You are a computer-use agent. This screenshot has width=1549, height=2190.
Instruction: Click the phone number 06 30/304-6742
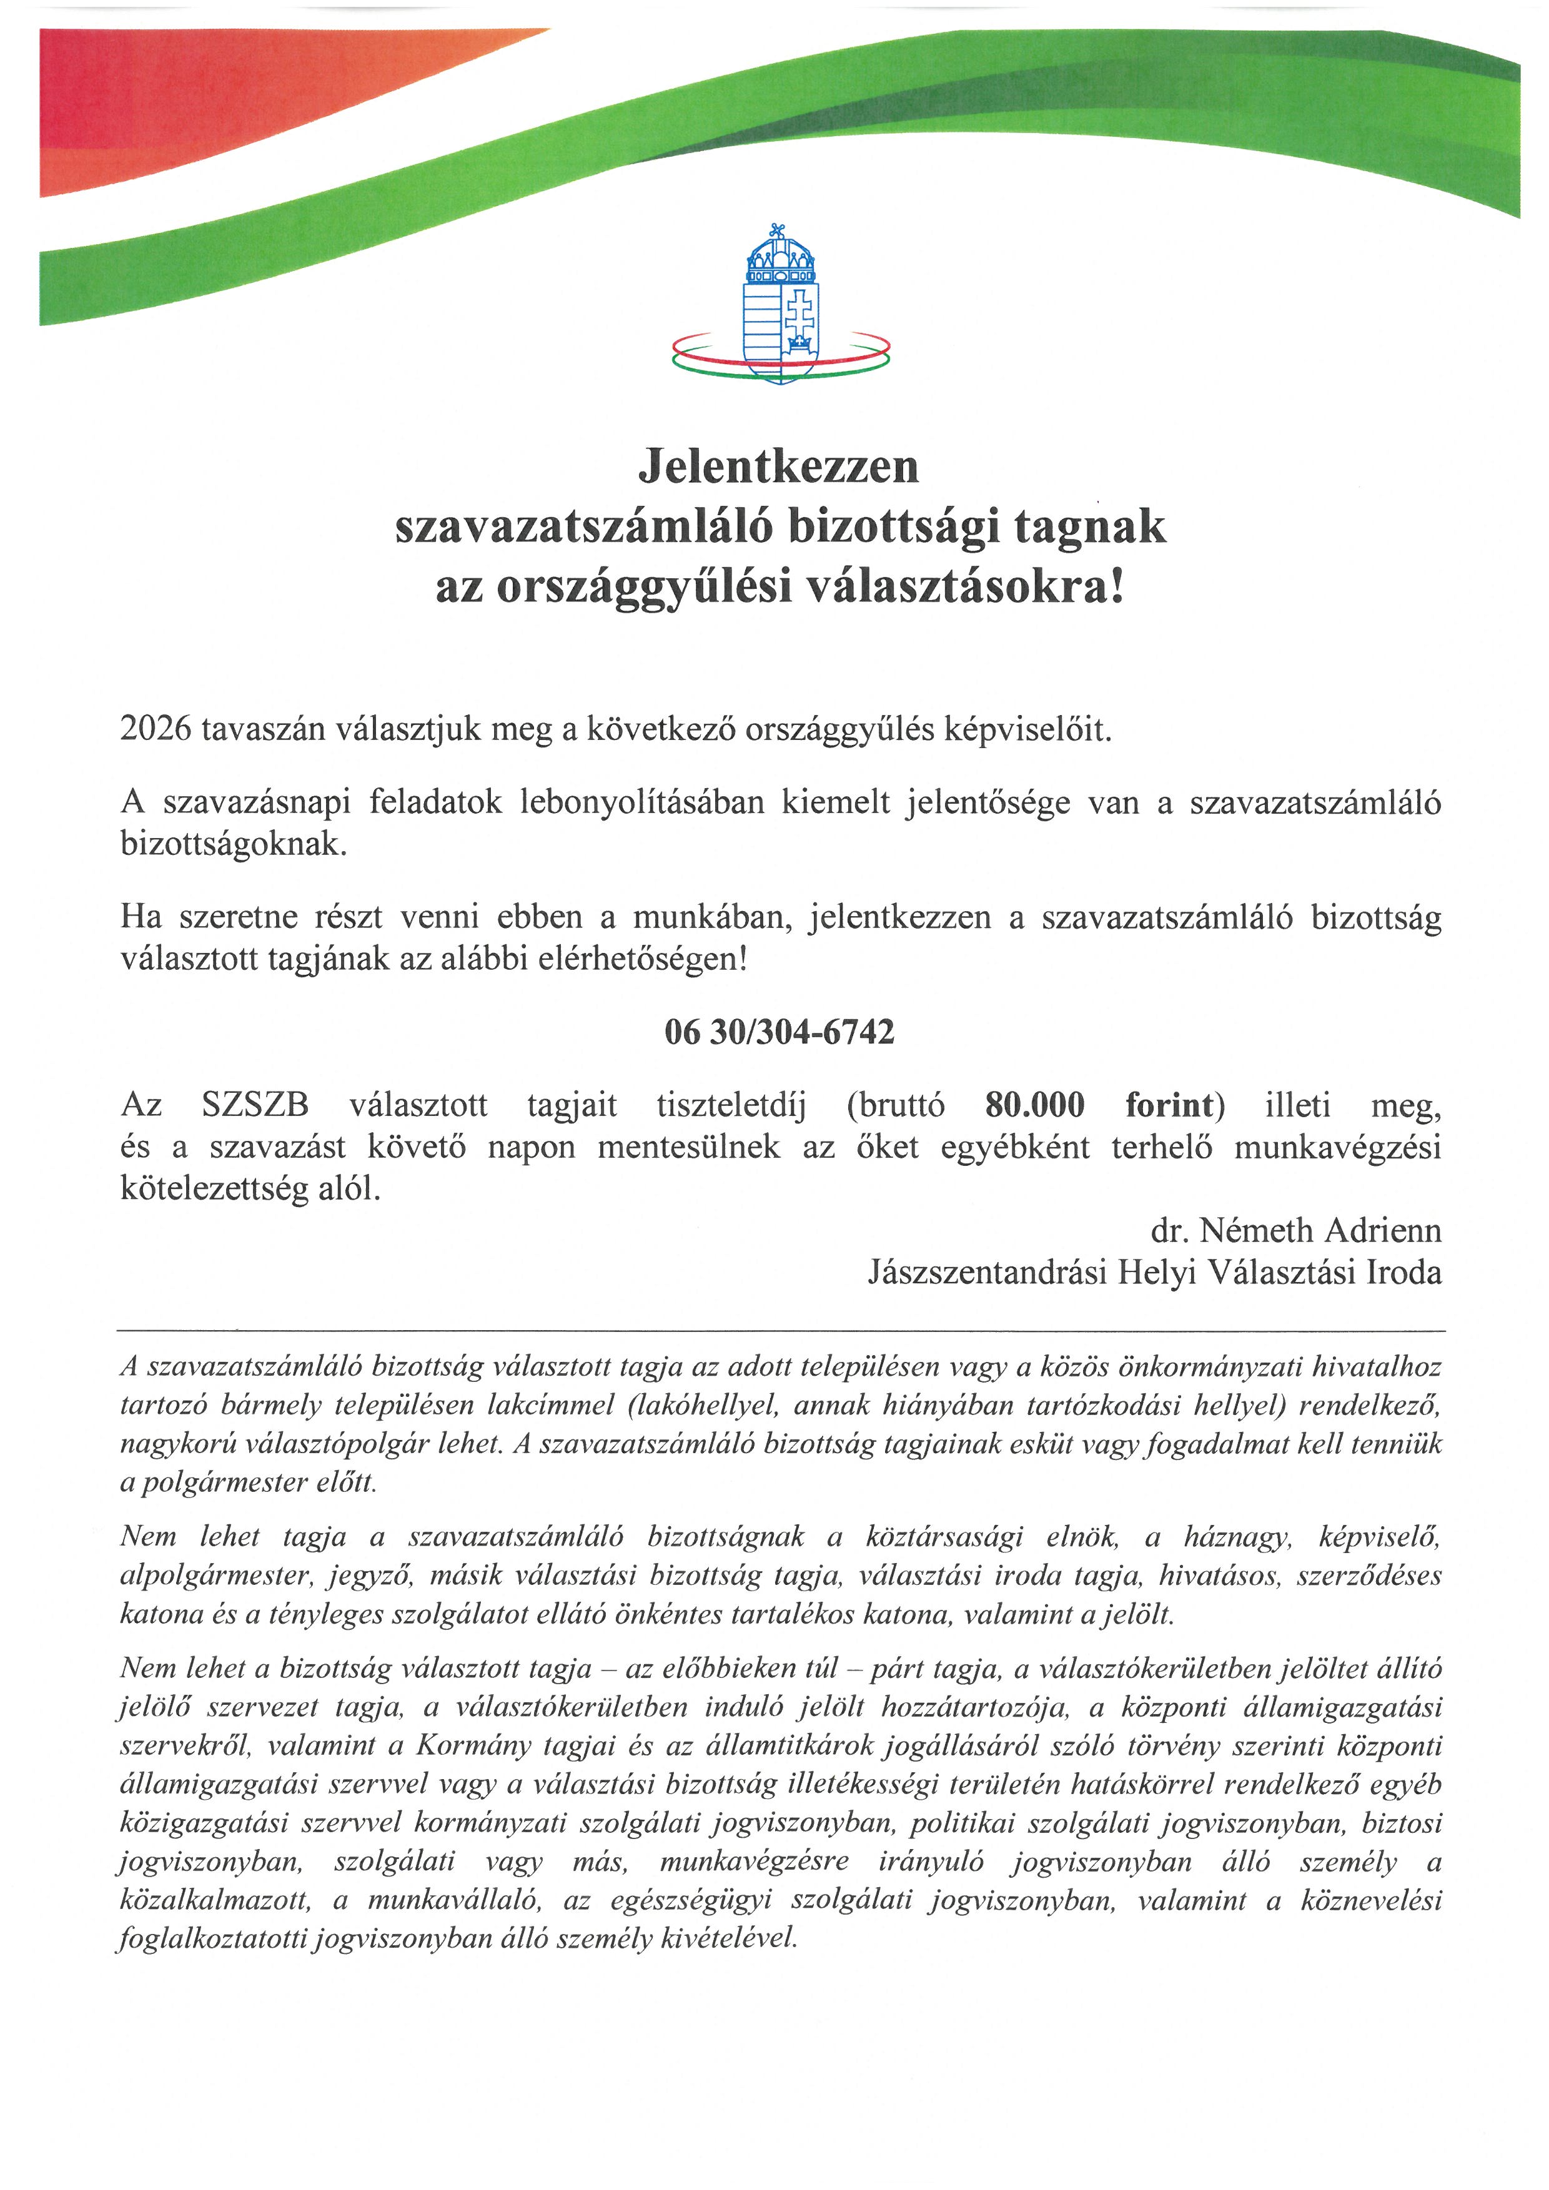click(779, 1032)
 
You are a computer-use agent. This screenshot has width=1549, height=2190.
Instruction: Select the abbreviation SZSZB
click(255, 1105)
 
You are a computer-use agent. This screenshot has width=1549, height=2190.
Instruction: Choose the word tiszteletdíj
click(731, 1105)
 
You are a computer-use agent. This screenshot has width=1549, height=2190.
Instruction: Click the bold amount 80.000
click(1035, 1105)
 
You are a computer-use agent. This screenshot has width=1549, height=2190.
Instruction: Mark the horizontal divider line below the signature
click(780, 1329)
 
